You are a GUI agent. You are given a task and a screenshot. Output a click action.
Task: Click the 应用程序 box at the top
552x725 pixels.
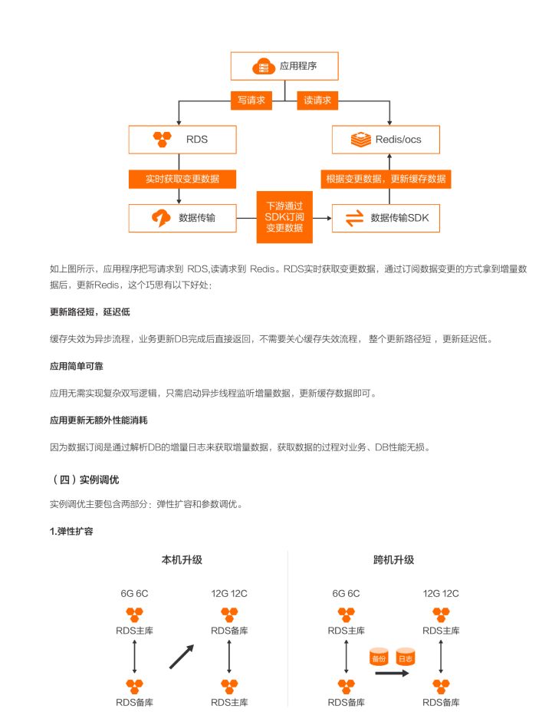coord(284,66)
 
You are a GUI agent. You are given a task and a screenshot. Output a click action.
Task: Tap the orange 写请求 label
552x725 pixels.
coord(251,100)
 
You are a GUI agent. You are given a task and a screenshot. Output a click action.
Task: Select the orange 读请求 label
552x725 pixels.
coord(317,100)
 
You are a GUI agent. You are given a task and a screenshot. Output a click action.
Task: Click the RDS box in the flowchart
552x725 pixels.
coord(182,139)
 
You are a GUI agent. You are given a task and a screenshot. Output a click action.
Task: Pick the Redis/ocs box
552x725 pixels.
coord(386,139)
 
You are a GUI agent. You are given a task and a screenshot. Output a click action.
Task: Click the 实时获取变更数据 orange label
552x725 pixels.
coord(182,179)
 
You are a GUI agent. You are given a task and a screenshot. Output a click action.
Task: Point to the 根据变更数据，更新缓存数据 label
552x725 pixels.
coord(386,179)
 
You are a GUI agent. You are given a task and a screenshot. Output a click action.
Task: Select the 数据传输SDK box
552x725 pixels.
coord(386,218)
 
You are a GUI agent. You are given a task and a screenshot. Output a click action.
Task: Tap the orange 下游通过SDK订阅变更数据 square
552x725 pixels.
coord(284,217)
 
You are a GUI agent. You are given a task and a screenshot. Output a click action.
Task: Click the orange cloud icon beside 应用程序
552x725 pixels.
coord(264,67)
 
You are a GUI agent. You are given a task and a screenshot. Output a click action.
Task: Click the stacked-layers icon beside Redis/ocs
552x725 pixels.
coord(361,139)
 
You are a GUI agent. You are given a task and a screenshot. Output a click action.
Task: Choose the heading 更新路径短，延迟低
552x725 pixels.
coord(90,312)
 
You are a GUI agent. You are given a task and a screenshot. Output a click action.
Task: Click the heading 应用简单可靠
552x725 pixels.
coord(77,366)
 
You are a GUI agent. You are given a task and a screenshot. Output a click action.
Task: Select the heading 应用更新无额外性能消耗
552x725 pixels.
coord(99,420)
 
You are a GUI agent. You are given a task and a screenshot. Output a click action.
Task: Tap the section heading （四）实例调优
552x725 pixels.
coord(84,479)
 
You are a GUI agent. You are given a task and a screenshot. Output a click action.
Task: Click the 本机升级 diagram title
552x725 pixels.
coord(182,560)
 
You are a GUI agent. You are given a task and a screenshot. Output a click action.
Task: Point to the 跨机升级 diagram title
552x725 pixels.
coord(393,560)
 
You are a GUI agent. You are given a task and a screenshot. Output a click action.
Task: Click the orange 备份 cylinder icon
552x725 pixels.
coord(379,657)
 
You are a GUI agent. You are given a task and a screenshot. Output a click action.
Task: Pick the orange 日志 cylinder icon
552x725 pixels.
coord(405,657)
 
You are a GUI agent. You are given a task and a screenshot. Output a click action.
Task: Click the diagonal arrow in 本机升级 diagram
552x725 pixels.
coord(182,657)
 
